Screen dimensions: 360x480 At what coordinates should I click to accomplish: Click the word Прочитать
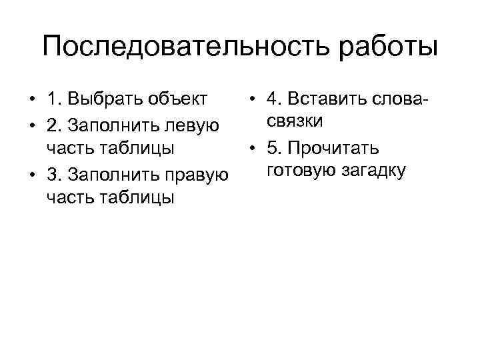[x=341, y=147]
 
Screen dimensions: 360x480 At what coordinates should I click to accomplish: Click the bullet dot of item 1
[x=32, y=101]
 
